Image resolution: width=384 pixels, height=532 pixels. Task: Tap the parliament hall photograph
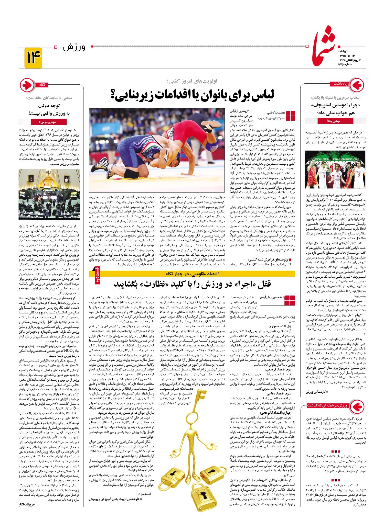49,195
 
